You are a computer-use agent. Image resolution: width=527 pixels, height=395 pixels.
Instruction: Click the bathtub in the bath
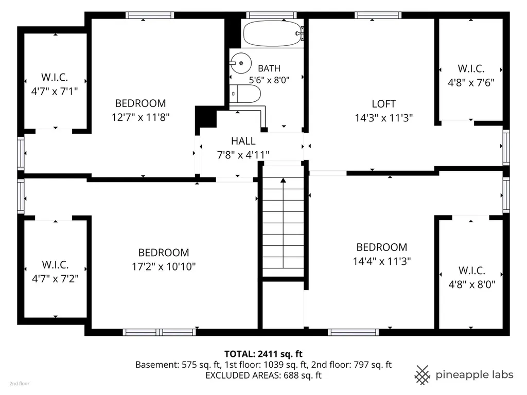(x=272, y=33)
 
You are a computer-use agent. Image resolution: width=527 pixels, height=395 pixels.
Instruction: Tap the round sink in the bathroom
(x=241, y=63)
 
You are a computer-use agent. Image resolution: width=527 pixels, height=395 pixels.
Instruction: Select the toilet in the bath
(x=245, y=94)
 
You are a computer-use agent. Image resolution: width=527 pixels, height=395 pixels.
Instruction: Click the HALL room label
(x=243, y=141)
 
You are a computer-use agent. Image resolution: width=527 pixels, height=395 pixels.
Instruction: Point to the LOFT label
(x=383, y=104)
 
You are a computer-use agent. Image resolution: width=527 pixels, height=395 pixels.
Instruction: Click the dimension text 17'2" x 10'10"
(x=164, y=267)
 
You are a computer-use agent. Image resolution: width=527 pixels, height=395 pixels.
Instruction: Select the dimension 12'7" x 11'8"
(x=140, y=117)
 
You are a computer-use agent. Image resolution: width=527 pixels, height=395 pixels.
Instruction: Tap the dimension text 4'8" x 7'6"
(x=471, y=83)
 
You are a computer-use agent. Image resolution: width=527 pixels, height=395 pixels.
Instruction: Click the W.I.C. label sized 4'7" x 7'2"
(x=55, y=265)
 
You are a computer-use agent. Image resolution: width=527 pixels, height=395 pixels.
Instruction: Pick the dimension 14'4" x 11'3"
(x=382, y=261)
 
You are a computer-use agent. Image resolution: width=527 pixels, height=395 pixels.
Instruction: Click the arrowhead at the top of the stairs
(x=284, y=181)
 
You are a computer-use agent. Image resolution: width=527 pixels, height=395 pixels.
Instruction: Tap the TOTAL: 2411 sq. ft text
(x=263, y=354)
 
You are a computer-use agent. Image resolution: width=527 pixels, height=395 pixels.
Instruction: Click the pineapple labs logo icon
(x=422, y=375)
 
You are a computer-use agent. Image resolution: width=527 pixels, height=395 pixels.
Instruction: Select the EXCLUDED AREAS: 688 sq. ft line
(x=263, y=375)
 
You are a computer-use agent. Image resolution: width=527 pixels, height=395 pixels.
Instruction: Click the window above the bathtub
(x=272, y=15)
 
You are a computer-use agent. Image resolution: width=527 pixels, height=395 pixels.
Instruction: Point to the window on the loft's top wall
(x=378, y=15)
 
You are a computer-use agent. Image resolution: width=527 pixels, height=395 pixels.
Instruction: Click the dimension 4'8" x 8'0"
(x=472, y=285)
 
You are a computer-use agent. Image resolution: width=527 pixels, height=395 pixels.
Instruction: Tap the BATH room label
(x=269, y=68)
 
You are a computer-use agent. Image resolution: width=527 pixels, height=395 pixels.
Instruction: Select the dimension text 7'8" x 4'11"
(x=243, y=155)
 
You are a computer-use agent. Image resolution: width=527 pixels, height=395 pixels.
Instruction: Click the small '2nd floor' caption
(x=20, y=384)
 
